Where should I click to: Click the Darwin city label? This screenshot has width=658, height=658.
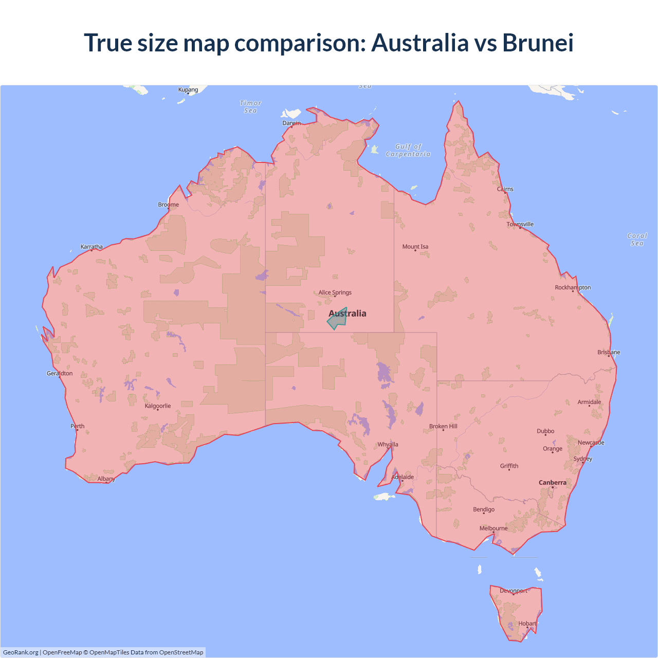291,123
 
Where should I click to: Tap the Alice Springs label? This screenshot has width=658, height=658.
335,293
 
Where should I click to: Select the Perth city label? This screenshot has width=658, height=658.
78,426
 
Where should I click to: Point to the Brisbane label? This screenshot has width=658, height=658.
609,352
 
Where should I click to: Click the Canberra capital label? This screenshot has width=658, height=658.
553,483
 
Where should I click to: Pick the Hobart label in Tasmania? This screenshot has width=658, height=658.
527,624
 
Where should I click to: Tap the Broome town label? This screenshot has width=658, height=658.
168,205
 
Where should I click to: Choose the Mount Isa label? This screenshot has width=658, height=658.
415,247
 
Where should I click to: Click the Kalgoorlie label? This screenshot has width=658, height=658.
158,406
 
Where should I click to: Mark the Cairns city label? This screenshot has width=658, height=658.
505,189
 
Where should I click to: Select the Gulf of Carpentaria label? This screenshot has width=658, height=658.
408,150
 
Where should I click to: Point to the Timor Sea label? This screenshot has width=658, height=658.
251,107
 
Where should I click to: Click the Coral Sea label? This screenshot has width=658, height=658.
637,240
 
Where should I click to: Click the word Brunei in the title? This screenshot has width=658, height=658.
538,43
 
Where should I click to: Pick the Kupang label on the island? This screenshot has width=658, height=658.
188,90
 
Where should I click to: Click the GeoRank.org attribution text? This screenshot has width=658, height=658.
21,652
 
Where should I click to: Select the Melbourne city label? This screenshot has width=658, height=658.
493,528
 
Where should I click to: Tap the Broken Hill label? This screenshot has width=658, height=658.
443,427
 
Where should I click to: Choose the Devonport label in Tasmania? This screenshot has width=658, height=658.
514,591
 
